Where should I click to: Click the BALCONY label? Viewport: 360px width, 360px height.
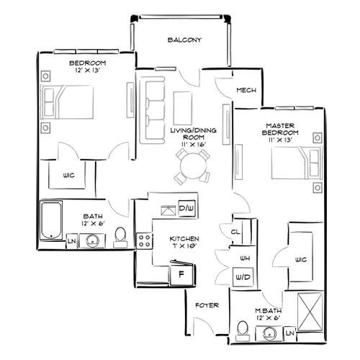(x=184, y=40)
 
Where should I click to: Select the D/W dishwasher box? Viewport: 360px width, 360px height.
(x=185, y=208)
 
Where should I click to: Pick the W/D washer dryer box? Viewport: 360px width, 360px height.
(x=240, y=276)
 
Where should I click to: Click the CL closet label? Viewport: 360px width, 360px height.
(x=235, y=232)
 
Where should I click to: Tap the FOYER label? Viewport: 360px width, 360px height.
(x=207, y=305)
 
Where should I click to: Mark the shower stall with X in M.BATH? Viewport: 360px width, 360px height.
(x=310, y=310)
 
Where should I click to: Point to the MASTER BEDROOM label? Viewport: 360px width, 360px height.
(x=279, y=129)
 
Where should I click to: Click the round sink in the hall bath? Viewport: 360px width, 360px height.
(x=92, y=240)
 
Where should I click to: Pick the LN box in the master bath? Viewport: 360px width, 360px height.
(x=291, y=333)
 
